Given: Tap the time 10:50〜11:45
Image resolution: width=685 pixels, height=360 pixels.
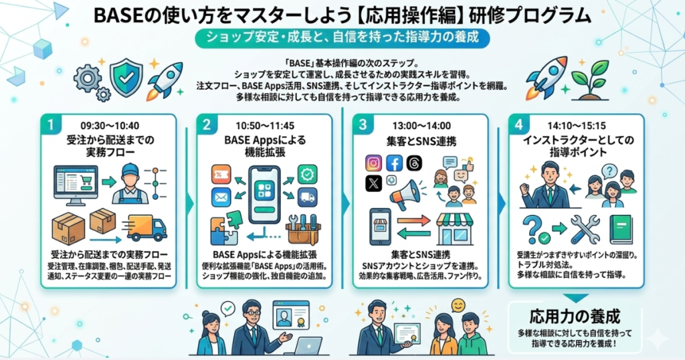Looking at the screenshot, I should [265, 125].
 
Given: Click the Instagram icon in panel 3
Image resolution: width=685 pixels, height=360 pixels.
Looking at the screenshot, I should [374, 163].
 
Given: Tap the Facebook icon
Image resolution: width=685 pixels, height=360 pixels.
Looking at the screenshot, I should [395, 163].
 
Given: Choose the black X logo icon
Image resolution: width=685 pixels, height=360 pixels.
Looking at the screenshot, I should [374, 183].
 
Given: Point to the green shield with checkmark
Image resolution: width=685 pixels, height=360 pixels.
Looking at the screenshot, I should [126, 76].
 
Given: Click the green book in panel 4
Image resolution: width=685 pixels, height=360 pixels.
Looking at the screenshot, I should [620, 229].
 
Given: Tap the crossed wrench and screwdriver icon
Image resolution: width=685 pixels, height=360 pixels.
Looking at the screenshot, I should [585, 229].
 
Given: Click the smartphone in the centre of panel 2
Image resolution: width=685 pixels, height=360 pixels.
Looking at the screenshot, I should [264, 194].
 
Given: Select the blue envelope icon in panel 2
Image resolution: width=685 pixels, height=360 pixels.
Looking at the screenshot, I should [221, 198].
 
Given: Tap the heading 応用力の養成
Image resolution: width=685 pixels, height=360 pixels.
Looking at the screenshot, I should [575, 316].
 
